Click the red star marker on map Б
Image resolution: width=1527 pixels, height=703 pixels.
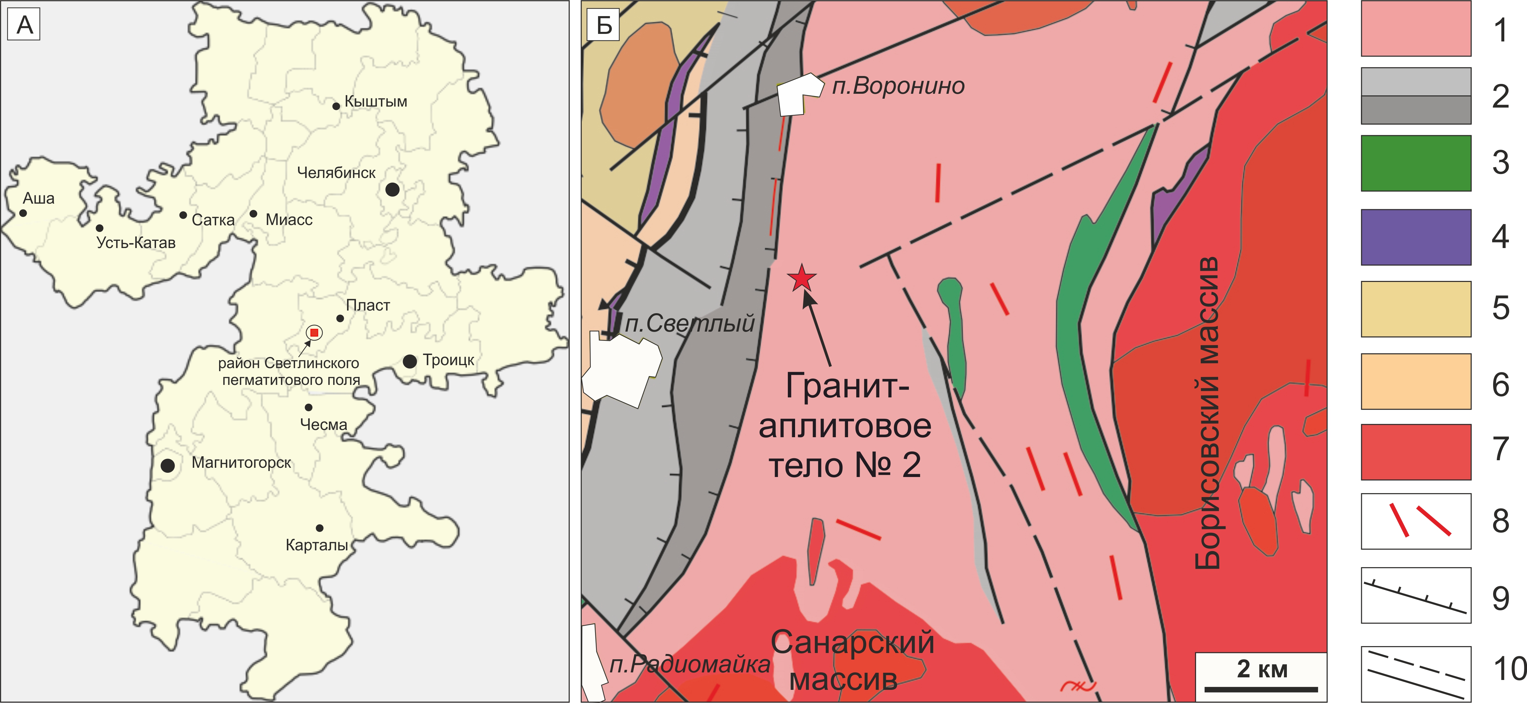[x=801, y=278]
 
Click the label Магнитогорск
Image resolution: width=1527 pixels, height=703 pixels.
[x=241, y=463]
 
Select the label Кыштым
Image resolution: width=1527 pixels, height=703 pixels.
[x=376, y=101]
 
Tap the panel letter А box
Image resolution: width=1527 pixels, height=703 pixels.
[x=24, y=25]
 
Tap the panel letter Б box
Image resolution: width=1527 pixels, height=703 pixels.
[x=603, y=25]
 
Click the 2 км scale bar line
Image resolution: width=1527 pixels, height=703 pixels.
[x=1261, y=690]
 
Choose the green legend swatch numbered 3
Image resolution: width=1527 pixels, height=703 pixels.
[x=1415, y=163]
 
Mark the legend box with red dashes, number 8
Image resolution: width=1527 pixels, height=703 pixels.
[x=1415, y=521]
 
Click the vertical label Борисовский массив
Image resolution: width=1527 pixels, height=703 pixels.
[x=1207, y=413]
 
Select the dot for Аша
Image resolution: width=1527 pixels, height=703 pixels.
[x=23, y=213]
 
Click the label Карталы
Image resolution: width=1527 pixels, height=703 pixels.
[x=316, y=545]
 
